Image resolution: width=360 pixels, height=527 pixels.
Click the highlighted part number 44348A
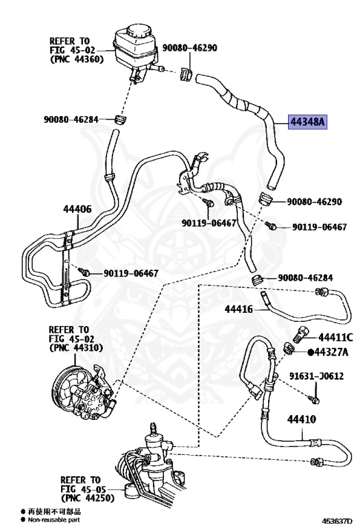(x=308, y=121)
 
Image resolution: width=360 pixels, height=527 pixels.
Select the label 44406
(x=77, y=209)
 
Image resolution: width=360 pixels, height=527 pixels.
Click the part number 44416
(x=239, y=309)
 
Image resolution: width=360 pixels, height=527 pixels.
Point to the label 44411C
(x=336, y=337)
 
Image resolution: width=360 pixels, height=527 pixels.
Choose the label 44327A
(x=331, y=352)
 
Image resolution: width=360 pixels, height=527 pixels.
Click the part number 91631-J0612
(x=317, y=376)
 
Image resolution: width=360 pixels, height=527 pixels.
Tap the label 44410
(x=302, y=419)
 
